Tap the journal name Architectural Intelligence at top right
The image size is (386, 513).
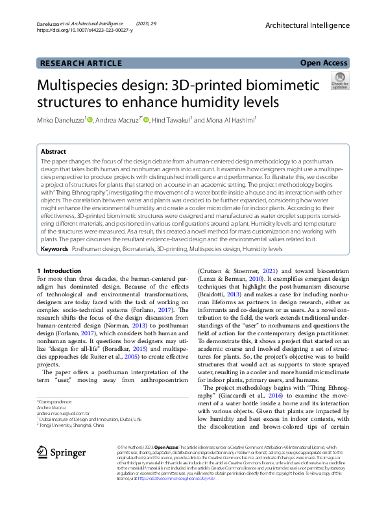[308, 25]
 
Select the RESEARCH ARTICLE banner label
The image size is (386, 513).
[81, 63]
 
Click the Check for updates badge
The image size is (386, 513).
[339, 82]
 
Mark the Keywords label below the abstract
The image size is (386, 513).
[54, 248]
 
